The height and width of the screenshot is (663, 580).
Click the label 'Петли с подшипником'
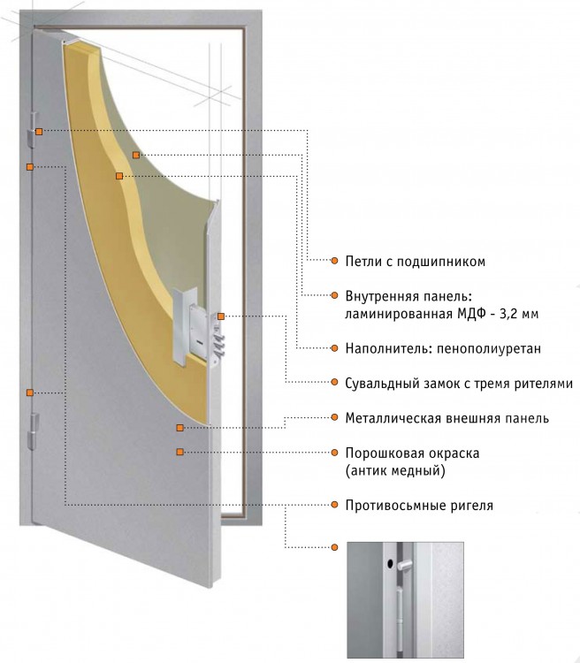coord(415,262)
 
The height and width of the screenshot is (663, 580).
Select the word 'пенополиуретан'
coord(489,348)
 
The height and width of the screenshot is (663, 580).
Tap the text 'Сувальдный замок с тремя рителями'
coord(459,384)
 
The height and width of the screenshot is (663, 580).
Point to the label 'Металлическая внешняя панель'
coord(446,418)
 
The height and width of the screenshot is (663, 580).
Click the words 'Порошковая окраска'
coord(412,453)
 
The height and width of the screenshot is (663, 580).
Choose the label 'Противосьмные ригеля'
coord(419,505)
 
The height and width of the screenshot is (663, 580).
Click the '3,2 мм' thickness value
coord(519,314)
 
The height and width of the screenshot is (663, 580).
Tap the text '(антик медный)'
coord(395,470)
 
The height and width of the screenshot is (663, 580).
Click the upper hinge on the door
coord(33,130)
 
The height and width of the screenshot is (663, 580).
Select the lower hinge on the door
coord(33,431)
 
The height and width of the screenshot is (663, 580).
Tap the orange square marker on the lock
coord(221,316)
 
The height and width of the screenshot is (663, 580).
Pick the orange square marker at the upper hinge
coord(39,132)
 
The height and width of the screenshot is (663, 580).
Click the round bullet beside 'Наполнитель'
coord(334,348)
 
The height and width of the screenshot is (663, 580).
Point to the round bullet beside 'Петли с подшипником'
coord(334,261)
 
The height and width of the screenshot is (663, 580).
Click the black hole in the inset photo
coord(390,563)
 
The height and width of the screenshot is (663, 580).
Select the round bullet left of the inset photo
coord(334,547)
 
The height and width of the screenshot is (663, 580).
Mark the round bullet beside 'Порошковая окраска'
coord(334,453)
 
